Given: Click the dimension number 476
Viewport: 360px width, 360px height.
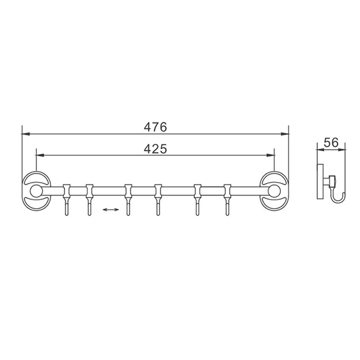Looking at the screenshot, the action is point(156,127).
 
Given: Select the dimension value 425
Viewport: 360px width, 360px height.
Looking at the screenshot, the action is point(156,149).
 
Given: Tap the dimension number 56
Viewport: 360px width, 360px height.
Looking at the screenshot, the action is point(331,143).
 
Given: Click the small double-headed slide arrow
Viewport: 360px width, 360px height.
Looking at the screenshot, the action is point(111,210).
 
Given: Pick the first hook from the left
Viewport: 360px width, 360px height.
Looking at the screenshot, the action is point(67,199).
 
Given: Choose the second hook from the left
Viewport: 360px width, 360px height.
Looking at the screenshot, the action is point(89,199).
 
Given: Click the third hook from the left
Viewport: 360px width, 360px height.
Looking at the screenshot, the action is point(129,199).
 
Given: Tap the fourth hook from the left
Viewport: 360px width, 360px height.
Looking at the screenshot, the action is point(158,199).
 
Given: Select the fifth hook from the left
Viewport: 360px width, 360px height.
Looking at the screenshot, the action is point(197,199).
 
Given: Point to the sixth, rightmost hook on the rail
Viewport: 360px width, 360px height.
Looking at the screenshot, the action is point(227,199).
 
